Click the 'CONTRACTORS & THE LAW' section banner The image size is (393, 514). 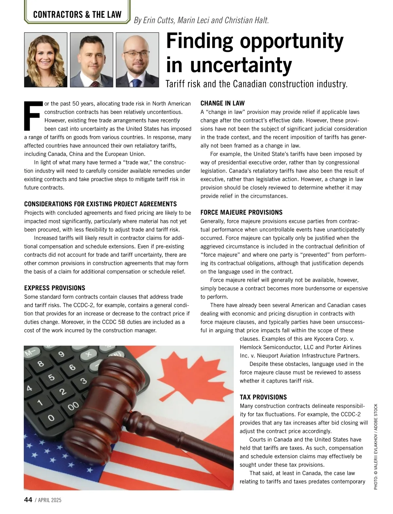[77, 14]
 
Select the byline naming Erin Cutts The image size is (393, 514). [201, 20]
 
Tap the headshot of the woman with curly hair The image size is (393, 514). [46, 60]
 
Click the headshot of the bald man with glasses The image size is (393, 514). [137, 60]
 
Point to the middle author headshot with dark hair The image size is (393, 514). [91, 60]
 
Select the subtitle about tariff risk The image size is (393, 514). [256, 84]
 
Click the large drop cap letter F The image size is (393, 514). [33, 116]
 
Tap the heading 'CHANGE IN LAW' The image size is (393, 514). [222, 103]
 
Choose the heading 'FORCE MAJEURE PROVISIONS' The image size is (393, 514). [241, 212]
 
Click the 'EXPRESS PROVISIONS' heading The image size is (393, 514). [55, 288]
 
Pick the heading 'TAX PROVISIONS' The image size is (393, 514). [263, 397]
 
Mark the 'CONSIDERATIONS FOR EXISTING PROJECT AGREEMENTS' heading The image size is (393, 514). [100, 204]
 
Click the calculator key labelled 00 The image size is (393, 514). [73, 406]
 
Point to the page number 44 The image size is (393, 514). [28, 500]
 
